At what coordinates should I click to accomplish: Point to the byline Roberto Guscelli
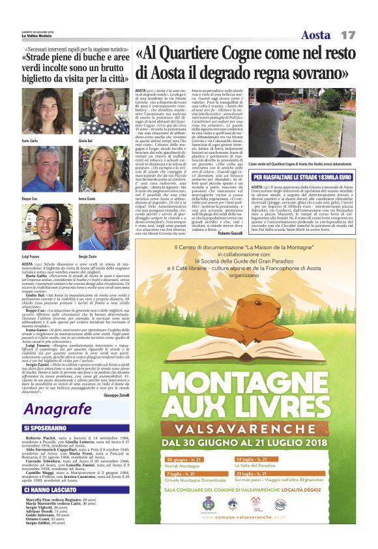[x=230, y=233]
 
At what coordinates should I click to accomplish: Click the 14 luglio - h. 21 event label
[x=280, y=441]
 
